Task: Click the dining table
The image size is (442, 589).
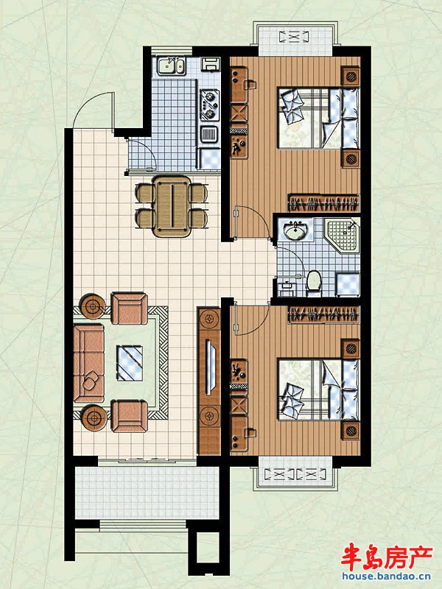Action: point(172,206)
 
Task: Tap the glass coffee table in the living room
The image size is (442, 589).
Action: point(130,363)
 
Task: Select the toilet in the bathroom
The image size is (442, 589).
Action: point(314,283)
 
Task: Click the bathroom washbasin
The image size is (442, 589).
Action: point(296,230)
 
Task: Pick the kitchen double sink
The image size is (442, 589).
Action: point(171,66)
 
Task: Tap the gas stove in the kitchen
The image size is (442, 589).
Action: point(209,105)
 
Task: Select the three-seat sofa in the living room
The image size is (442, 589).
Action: point(88,363)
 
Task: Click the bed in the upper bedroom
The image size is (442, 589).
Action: point(319,118)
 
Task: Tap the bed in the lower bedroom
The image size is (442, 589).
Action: point(319,389)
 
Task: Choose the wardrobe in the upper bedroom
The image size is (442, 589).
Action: point(323,203)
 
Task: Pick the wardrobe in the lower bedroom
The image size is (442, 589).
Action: point(323,314)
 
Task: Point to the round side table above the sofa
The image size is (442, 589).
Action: point(93,306)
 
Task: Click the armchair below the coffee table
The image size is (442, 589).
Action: point(130,416)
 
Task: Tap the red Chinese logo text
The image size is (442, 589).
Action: point(387,557)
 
